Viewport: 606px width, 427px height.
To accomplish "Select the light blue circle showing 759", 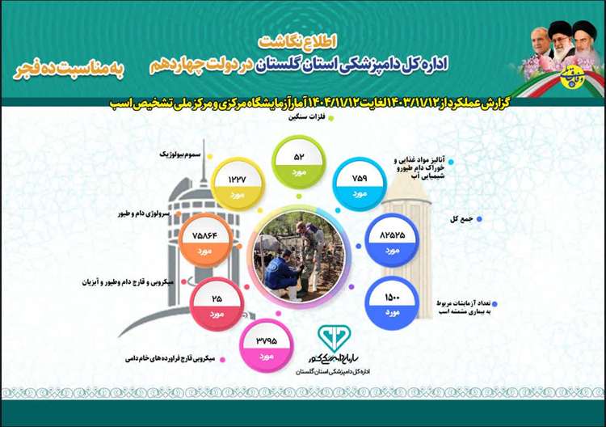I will click(360, 184).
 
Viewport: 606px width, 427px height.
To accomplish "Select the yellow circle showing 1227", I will click(236, 184).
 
